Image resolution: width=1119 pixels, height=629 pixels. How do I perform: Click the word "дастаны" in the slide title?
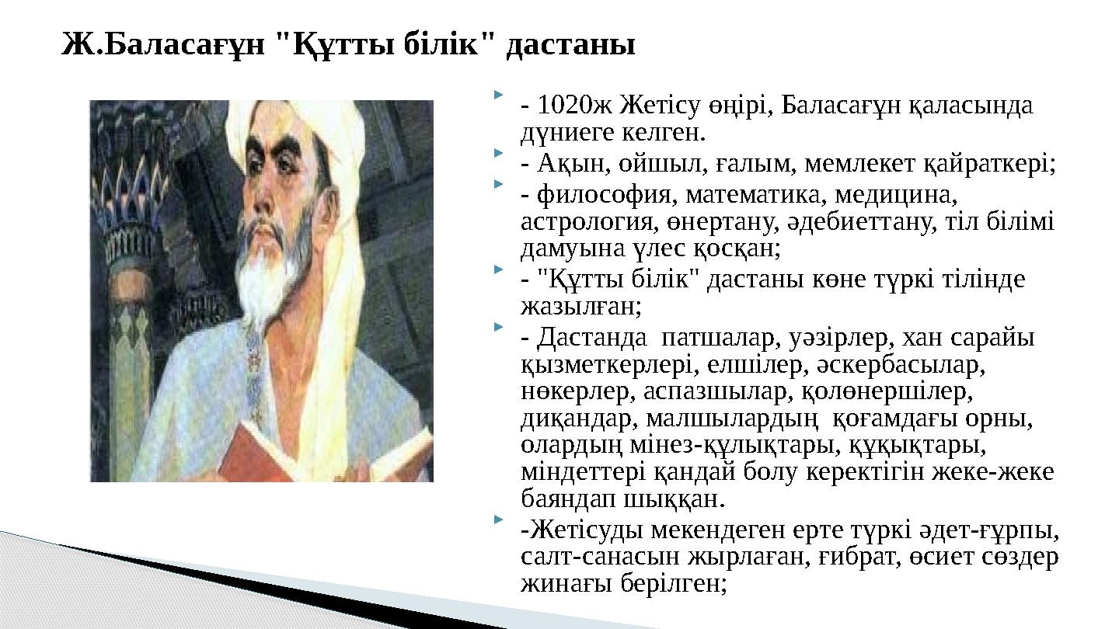pyautogui.click(x=570, y=45)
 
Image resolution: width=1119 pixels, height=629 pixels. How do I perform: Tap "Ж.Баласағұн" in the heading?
pyautogui.click(x=164, y=45)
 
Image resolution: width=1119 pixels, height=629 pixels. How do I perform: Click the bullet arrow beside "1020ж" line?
pyautogui.click(x=498, y=96)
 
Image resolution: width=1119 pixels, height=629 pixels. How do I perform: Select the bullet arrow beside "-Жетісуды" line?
pyautogui.click(x=498, y=518)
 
